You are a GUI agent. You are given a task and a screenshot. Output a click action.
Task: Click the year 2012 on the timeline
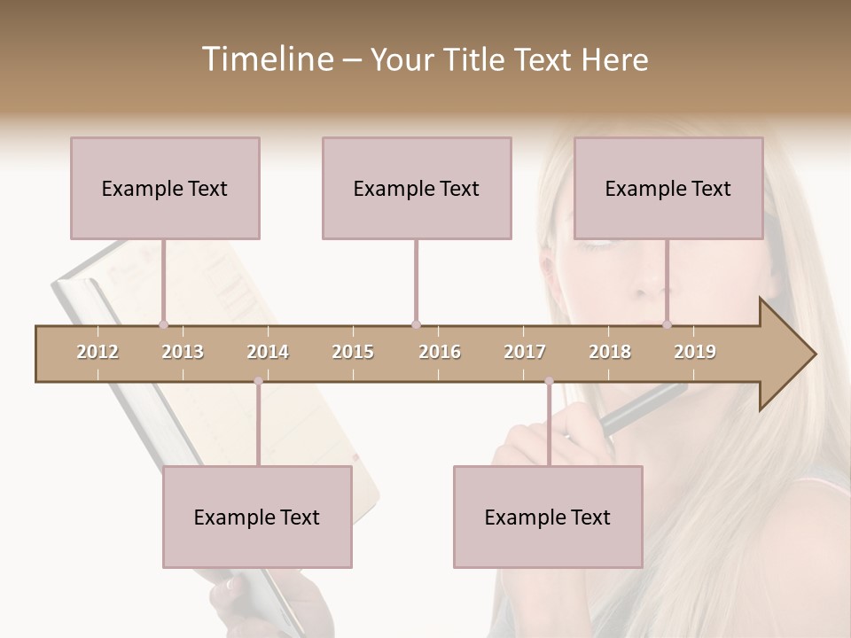(x=98, y=352)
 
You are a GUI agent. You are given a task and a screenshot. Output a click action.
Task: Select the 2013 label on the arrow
(x=183, y=352)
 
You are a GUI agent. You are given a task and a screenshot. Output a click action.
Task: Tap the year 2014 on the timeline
(x=268, y=352)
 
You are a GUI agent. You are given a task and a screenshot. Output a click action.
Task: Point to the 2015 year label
(x=353, y=352)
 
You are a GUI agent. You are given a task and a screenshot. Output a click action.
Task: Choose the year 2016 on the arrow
(x=440, y=352)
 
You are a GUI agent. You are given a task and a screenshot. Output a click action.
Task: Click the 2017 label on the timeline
(x=525, y=352)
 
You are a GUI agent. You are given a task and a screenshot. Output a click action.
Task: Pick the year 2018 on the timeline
(x=610, y=352)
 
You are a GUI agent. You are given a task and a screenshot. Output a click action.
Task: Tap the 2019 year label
(x=695, y=352)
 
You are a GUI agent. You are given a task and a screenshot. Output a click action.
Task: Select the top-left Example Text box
(x=165, y=188)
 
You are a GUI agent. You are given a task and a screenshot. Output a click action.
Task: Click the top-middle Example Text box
(x=417, y=188)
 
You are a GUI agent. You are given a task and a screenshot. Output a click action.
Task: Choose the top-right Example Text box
(x=668, y=188)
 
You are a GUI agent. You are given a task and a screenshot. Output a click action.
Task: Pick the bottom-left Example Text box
(x=257, y=517)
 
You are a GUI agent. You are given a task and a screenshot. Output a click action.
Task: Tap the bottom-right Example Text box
(x=548, y=517)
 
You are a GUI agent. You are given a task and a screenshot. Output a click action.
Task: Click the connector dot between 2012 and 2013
(x=163, y=324)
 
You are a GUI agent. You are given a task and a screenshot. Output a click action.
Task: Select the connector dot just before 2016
(x=416, y=324)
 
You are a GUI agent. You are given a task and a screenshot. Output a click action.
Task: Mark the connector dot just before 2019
(x=668, y=324)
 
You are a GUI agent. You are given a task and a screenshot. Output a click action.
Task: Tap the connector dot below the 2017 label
(x=549, y=381)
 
